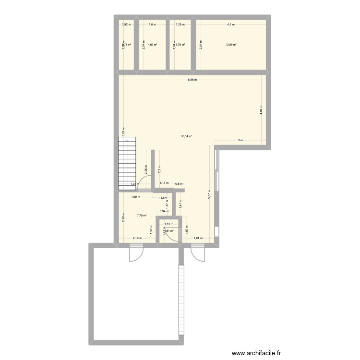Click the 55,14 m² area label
pyautogui.click(x=186, y=136)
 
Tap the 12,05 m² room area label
pyautogui.click(x=231, y=45)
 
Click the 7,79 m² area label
pyautogui.click(x=141, y=216)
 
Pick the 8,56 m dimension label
pyautogui.click(x=192, y=80)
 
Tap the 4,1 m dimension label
pyautogui.click(x=231, y=24)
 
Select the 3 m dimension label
pyautogui.click(x=240, y=141)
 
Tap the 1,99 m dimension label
pyautogui.click(x=136, y=197)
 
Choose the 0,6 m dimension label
pyautogui.click(x=179, y=184)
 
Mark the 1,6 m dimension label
pyautogui.click(x=153, y=24)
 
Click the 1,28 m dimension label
pyautogui.click(x=180, y=24)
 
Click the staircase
pyautogui.click(x=128, y=163)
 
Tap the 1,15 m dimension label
pyautogui.click(x=168, y=224)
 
